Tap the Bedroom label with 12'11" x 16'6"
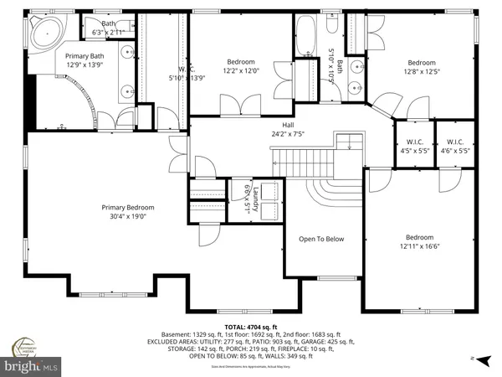tap(421, 237)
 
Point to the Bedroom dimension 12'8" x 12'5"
tap(422, 72)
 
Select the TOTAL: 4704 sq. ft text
tap(250, 326)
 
